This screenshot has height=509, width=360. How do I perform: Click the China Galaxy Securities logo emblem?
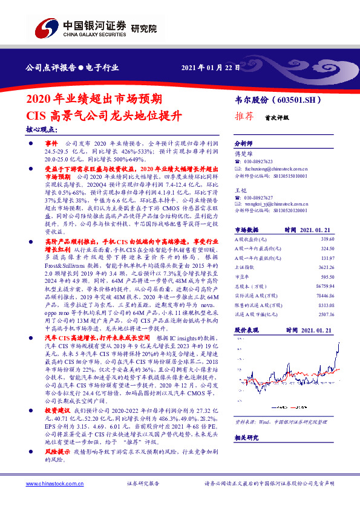(x=45, y=28)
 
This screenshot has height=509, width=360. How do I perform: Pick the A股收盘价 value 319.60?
(x=327, y=256)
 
